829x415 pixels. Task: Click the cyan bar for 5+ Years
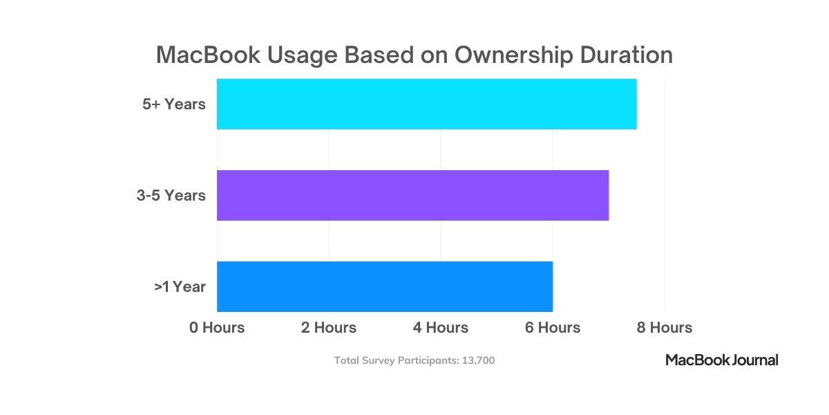[426, 104]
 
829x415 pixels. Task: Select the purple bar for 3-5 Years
[412, 195]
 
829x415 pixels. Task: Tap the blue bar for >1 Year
[385, 286]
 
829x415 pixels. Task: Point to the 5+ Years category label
[174, 104]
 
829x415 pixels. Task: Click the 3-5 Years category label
[171, 196]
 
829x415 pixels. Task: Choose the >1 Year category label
[180, 286]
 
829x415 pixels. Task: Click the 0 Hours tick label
[217, 327]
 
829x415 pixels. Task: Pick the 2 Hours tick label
[329, 327]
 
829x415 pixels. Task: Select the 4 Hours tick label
[441, 327]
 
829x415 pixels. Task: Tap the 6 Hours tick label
[553, 327]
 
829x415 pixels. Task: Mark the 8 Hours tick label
[665, 327]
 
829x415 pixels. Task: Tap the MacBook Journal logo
[722, 360]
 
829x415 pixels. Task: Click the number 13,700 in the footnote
[477, 360]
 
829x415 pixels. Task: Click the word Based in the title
[370, 55]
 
